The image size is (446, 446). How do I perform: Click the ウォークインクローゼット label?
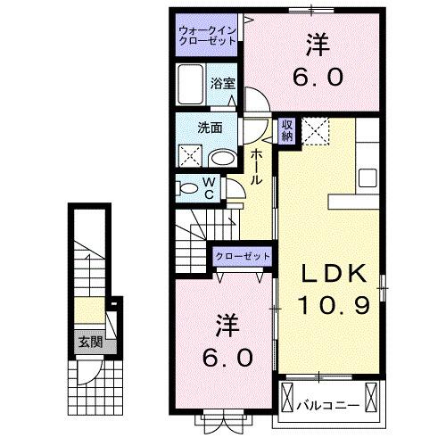[x=205, y=35]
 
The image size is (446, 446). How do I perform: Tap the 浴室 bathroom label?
[x=222, y=85]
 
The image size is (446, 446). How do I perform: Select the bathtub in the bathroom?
[x=190, y=85]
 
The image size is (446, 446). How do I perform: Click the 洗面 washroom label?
[x=209, y=127]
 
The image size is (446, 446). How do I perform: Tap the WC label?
[x=207, y=188]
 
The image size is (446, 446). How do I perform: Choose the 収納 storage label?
[x=286, y=130]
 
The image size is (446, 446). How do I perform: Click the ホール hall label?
[x=256, y=167]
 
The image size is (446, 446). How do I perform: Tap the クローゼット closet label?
[x=242, y=256]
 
